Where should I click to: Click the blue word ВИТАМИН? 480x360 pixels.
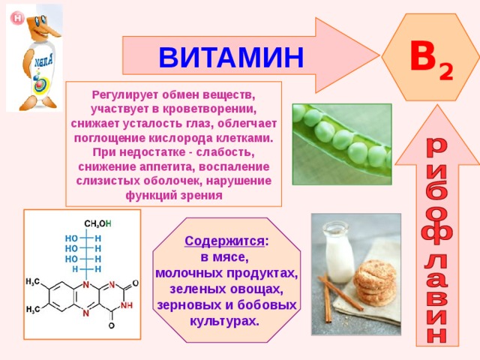point(231,57)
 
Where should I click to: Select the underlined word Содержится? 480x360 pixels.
point(224,241)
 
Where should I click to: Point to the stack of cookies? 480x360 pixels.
point(375,283)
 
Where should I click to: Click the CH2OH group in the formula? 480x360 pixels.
point(97,223)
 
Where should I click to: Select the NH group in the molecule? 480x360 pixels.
point(127,305)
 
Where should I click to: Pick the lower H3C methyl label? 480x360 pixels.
point(33,310)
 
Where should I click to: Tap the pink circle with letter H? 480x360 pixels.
point(17,18)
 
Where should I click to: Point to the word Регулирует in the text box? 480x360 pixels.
point(125,95)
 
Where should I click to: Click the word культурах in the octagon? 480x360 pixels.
point(224,321)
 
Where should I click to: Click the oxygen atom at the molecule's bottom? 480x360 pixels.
point(112,325)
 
